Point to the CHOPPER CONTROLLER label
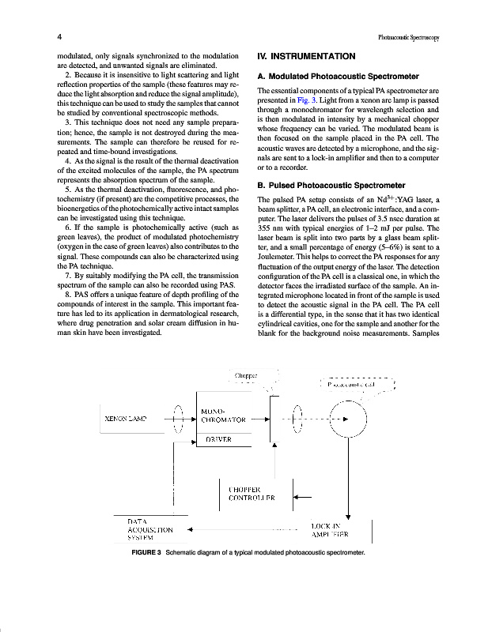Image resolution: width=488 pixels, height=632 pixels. point(252,494)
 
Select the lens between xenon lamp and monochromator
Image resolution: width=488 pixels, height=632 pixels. point(179,419)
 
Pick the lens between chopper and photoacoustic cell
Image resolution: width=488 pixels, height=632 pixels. point(297,419)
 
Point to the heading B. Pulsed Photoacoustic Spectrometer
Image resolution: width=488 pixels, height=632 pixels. point(332,185)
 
